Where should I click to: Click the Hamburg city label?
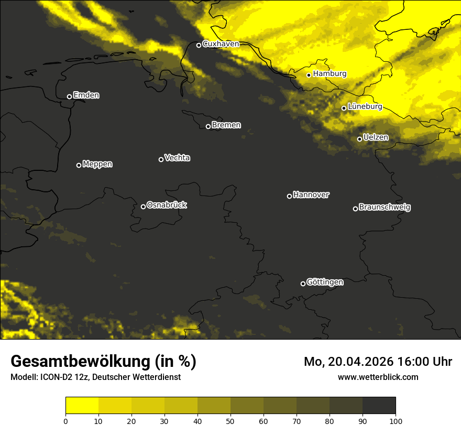click(330, 74)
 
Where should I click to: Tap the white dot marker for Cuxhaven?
click(199, 45)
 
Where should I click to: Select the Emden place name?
click(86, 95)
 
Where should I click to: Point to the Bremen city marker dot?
click(208, 126)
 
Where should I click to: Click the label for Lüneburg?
click(365, 106)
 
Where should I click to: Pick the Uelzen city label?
click(376, 137)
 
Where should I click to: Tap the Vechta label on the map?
click(177, 158)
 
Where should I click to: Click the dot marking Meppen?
click(79, 165)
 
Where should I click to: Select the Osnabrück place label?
click(167, 205)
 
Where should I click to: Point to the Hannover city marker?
click(289, 196)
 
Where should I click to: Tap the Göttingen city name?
click(325, 282)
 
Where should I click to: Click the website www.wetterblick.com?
click(378, 377)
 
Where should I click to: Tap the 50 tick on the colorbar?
click(230, 421)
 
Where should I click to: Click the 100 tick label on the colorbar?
click(396, 421)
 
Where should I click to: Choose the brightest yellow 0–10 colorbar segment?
click(82, 406)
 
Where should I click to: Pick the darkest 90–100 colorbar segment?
click(379, 406)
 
